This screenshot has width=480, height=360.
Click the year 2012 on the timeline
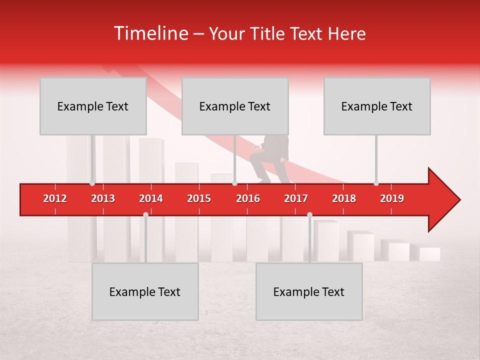click(x=55, y=198)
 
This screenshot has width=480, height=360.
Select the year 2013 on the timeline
click(x=103, y=198)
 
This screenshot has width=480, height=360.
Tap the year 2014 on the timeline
click(x=151, y=198)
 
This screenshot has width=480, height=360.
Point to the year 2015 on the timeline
click(x=199, y=198)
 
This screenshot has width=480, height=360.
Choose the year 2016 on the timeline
click(x=248, y=198)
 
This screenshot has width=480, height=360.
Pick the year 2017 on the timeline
click(x=296, y=198)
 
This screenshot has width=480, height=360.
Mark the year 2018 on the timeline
click(x=344, y=198)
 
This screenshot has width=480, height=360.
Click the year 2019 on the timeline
click(x=392, y=198)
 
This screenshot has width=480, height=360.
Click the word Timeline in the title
click(x=150, y=33)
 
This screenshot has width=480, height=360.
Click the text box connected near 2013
click(x=93, y=106)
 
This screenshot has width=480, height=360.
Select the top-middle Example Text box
click(x=235, y=106)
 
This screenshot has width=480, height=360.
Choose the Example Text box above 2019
click(x=377, y=106)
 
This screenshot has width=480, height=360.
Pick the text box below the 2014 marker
click(x=145, y=291)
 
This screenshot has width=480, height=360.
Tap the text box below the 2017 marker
click(x=309, y=291)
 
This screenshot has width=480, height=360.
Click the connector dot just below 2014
click(x=145, y=214)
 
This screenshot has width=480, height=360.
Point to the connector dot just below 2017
click(x=309, y=214)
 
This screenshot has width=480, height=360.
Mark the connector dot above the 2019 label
click(x=376, y=183)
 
